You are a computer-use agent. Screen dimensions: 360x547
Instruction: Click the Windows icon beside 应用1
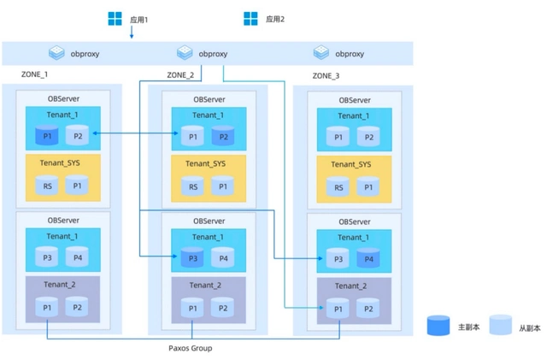coord(115,18)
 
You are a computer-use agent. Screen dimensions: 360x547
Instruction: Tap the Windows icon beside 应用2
coord(250,18)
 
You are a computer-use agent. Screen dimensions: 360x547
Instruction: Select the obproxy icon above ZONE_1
coord(56,53)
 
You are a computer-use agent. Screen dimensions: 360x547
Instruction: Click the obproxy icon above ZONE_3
coord(321,53)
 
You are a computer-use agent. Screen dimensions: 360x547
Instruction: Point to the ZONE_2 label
coord(179,75)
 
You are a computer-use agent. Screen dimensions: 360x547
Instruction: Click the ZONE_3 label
coord(326,76)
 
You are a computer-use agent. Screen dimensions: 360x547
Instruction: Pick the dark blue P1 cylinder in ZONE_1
coord(48,135)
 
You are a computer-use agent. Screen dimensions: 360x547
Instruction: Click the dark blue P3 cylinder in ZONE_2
coord(191,257)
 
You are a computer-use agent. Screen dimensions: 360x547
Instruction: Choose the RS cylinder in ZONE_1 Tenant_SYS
coord(48,186)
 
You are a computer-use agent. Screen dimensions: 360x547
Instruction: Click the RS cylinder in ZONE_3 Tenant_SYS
coord(338,186)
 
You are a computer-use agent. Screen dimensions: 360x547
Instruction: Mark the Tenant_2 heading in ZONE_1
coord(62,285)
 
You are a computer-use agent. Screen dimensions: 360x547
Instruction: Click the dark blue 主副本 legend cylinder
coord(438,326)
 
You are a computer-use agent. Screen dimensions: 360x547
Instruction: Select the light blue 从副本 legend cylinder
coord(500,326)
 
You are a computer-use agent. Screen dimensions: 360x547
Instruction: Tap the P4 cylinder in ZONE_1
coord(77,257)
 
